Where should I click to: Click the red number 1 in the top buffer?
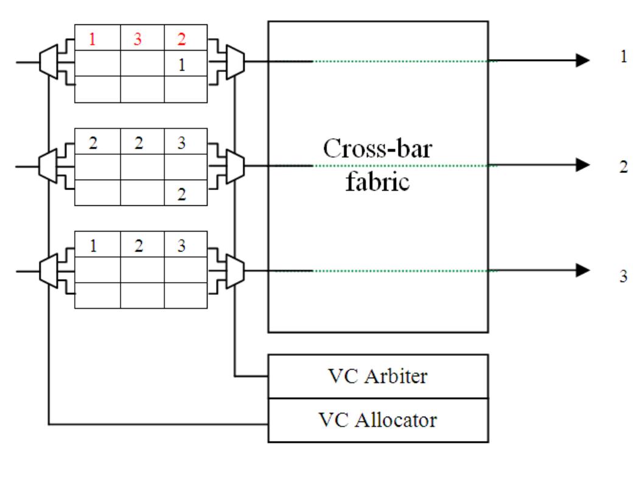coord(93,40)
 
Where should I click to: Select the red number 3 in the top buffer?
coord(138,40)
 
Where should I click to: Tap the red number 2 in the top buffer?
coord(181,40)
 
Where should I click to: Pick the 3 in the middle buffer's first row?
coord(181,143)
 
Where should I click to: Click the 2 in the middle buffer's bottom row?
coord(181,194)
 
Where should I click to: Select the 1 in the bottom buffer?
coord(93,248)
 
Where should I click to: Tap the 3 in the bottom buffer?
coord(181,248)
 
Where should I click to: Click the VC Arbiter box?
coord(378,376)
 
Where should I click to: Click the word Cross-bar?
coord(377,149)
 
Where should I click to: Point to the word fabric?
coord(377,181)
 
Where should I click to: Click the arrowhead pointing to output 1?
coord(582,60)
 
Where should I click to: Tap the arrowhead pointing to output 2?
coord(582,165)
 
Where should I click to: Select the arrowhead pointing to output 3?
coord(582,270)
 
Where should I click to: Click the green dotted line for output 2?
coord(402,165)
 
